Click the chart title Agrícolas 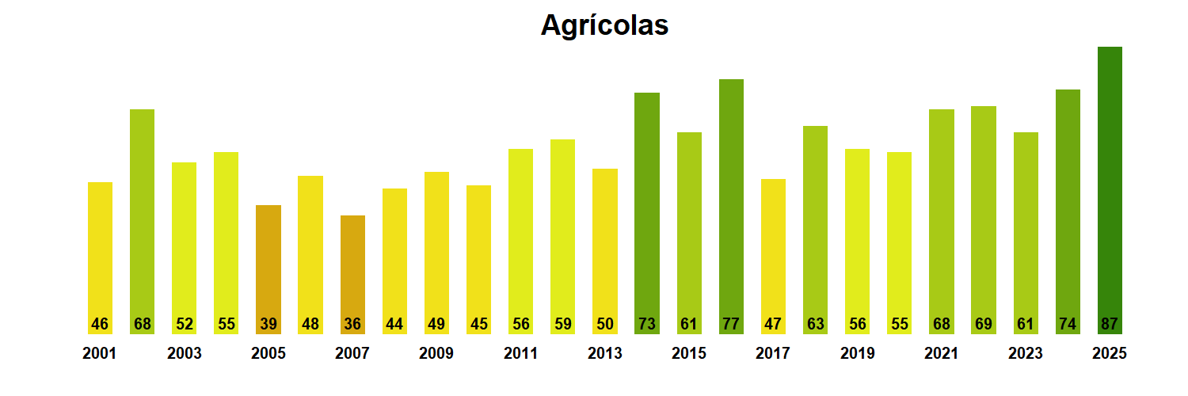click(x=604, y=25)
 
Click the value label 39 click(x=268, y=324)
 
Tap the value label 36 click(x=352, y=324)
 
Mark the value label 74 click(x=1068, y=324)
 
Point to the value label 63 click(x=815, y=324)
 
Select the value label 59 click(x=562, y=324)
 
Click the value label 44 click(x=394, y=324)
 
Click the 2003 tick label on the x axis click(x=184, y=354)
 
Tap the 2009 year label click(x=436, y=354)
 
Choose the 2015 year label click(x=689, y=354)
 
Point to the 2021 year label click(x=941, y=354)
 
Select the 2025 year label click(x=1110, y=354)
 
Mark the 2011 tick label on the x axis click(x=520, y=354)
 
